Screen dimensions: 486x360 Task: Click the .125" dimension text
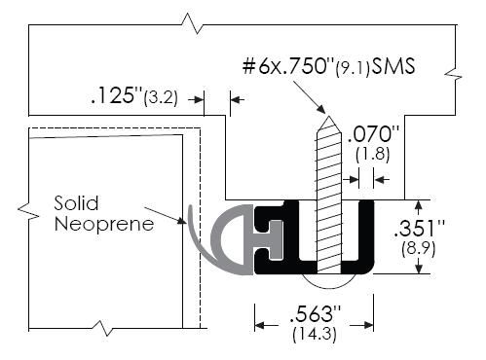click(117, 95)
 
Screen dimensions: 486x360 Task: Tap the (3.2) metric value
click(161, 97)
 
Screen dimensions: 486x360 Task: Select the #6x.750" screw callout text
click(288, 66)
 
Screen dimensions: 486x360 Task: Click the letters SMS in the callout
click(393, 66)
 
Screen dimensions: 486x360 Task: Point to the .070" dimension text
click(374, 134)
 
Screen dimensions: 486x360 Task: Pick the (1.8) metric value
click(372, 154)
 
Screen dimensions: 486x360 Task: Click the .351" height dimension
click(419, 229)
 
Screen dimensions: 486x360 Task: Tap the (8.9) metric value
click(419, 249)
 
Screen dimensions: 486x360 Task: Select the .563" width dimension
click(316, 314)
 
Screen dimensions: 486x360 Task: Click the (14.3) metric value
click(315, 335)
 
